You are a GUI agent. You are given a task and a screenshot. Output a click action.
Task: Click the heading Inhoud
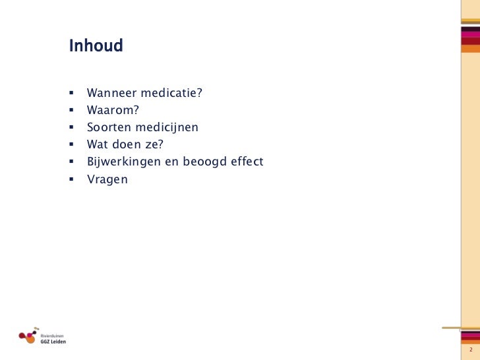[x=96, y=47]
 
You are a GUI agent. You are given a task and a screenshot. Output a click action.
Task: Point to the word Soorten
[x=109, y=127]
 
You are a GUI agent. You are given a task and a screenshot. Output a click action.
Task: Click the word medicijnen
[x=165, y=127]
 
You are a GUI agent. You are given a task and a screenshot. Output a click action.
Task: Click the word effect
[x=247, y=162]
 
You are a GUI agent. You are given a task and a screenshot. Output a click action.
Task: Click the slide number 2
[x=470, y=349]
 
